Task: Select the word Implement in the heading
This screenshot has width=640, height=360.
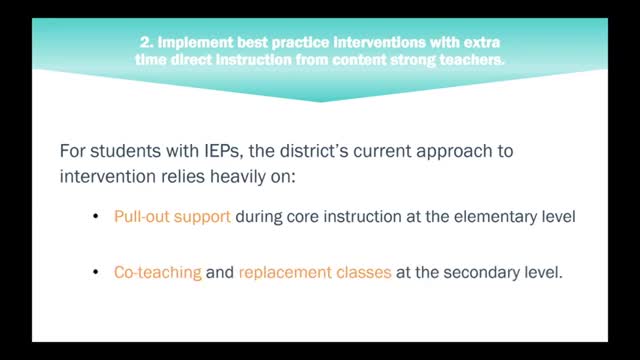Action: click(x=183, y=43)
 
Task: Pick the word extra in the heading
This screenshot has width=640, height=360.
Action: click(x=482, y=43)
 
